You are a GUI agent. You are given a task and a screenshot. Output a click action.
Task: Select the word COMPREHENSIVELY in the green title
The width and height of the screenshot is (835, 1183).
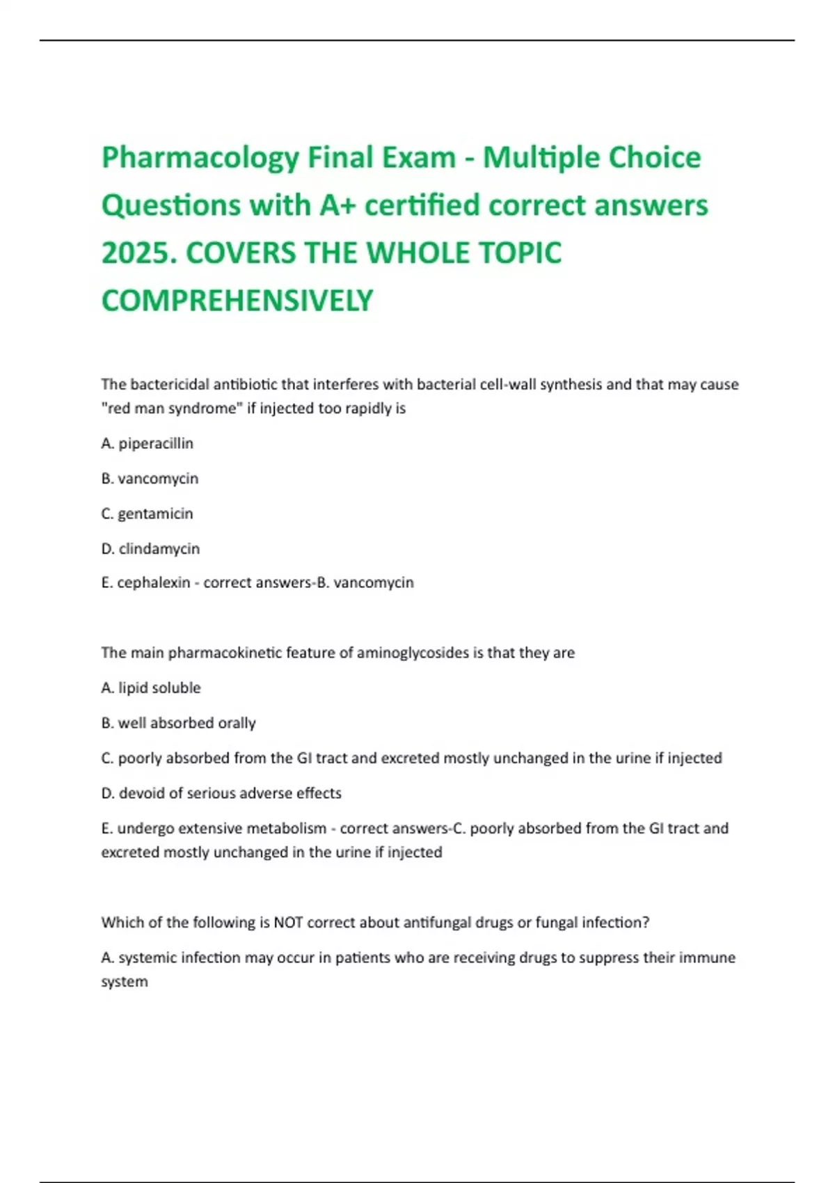(237, 301)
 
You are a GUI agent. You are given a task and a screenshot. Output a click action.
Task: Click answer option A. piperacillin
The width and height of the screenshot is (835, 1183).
(148, 443)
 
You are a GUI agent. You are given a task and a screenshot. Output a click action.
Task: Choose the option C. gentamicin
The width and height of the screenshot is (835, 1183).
(148, 514)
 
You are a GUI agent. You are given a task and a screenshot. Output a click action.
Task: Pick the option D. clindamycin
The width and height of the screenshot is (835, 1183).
(150, 548)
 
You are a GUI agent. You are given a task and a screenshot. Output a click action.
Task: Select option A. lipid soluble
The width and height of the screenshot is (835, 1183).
(151, 688)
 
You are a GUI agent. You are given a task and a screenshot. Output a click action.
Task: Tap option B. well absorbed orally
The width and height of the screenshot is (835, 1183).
(179, 723)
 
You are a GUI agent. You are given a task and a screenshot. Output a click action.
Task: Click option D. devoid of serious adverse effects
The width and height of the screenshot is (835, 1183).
(221, 793)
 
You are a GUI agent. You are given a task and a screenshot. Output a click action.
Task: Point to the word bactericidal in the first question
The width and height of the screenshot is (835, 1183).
(169, 384)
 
